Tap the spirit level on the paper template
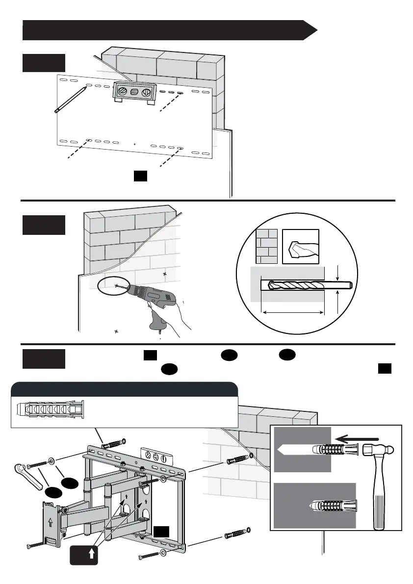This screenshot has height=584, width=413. point(134,92)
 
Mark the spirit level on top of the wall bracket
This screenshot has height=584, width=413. point(156,456)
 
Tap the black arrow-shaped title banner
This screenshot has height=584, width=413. point(167,30)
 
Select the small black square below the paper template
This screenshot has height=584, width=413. point(141,176)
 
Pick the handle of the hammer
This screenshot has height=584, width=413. point(380,500)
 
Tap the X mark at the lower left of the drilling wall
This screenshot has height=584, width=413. point(116,331)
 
